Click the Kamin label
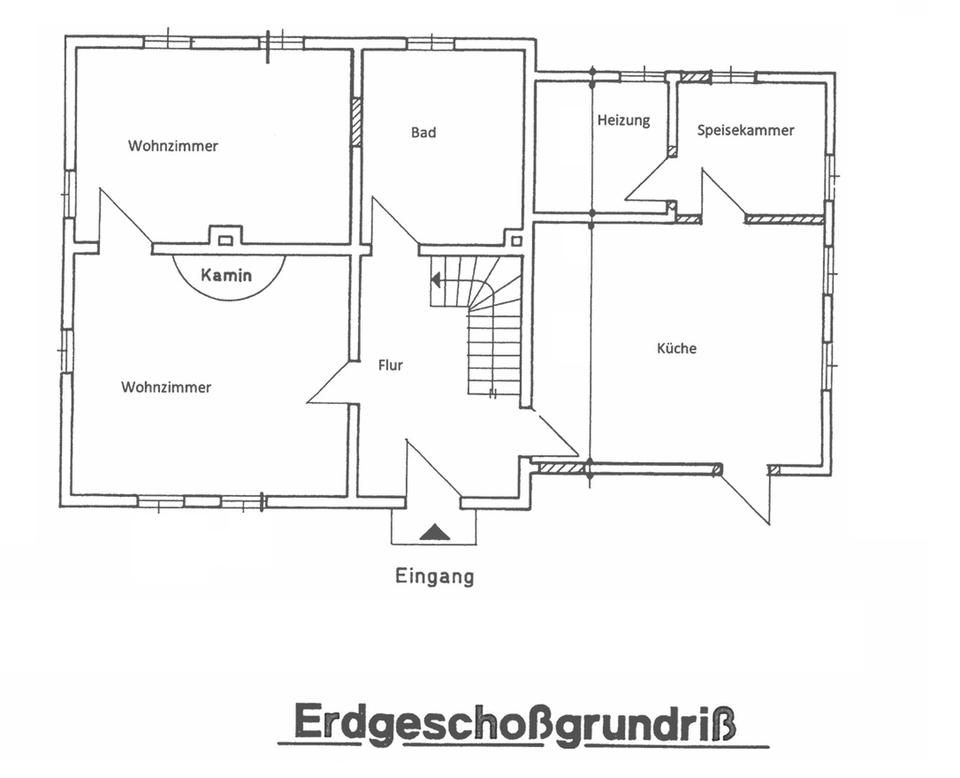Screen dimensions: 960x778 (x=227, y=275)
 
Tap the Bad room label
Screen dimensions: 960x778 (x=424, y=132)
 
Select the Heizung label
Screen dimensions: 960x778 (x=624, y=120)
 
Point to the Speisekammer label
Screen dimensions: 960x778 (x=746, y=130)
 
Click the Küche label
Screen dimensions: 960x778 (x=677, y=348)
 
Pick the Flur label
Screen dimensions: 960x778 (x=391, y=365)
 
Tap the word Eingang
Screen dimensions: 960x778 (x=435, y=577)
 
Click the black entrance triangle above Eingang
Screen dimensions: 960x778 (x=435, y=532)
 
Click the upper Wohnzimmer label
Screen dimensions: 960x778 (x=173, y=146)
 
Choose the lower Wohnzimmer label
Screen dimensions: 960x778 (x=166, y=387)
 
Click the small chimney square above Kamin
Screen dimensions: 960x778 (x=225, y=241)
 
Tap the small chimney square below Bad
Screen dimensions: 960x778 (x=517, y=241)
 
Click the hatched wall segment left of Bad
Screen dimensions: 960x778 (x=356, y=122)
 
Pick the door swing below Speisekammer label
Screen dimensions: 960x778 (x=724, y=195)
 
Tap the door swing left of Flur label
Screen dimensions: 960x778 (x=332, y=383)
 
